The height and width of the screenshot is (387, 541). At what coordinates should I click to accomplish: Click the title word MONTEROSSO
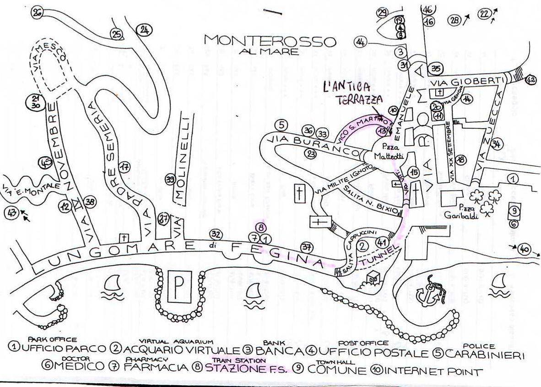tap(270, 40)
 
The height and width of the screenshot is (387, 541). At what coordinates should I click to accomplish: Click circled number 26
tap(38, 13)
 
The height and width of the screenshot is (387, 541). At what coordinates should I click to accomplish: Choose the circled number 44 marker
tap(361, 43)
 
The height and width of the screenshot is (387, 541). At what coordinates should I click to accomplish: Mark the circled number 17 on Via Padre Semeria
tap(124, 168)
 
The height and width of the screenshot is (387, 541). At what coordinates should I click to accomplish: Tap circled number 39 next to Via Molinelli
tap(170, 180)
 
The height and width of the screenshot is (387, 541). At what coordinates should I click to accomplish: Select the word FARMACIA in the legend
tap(156, 367)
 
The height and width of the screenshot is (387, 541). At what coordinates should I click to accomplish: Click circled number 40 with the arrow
tap(524, 250)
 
